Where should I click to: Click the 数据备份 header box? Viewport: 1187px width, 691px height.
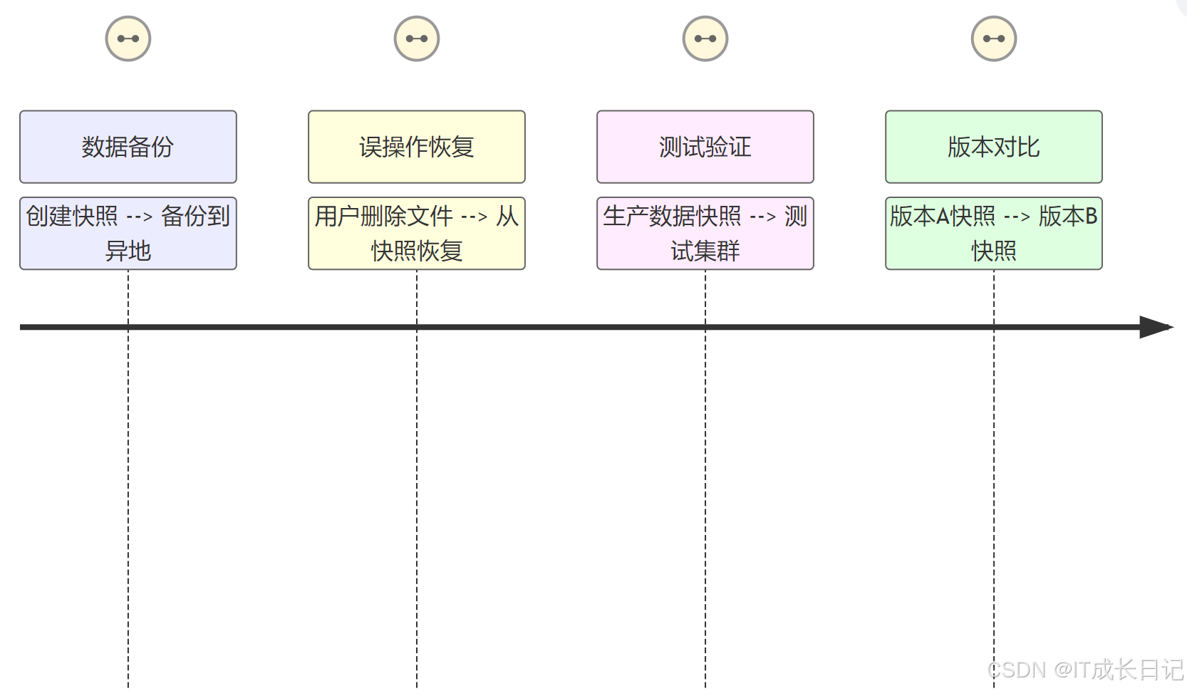[128, 147]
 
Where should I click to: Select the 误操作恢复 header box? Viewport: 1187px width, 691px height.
[417, 147]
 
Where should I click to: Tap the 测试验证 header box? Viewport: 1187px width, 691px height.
[705, 147]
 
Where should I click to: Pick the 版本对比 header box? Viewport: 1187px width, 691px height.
[994, 147]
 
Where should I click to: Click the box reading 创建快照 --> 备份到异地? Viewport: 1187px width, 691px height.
[128, 234]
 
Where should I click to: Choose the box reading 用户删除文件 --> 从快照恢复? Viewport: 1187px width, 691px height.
[417, 234]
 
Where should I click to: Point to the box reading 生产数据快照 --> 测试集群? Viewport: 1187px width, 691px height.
[705, 234]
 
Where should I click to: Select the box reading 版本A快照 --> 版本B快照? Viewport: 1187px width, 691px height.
[994, 234]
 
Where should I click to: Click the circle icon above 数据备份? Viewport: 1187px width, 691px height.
[128, 38]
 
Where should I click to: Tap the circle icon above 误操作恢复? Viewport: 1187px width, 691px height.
[417, 38]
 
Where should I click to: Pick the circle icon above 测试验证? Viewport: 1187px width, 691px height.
[705, 38]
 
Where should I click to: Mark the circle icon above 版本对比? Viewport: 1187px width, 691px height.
[994, 38]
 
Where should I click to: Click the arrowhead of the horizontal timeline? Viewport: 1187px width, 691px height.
[1156, 327]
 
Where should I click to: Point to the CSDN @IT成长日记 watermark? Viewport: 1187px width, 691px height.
[1085, 670]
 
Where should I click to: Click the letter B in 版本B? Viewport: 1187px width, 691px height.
[1091, 216]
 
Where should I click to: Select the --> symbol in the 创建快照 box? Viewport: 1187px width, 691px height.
[140, 217]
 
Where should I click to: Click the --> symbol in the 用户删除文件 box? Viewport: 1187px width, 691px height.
[475, 217]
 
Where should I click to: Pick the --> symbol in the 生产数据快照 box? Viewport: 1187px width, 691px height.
[763, 217]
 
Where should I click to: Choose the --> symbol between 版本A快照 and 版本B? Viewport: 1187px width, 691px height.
[1017, 217]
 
